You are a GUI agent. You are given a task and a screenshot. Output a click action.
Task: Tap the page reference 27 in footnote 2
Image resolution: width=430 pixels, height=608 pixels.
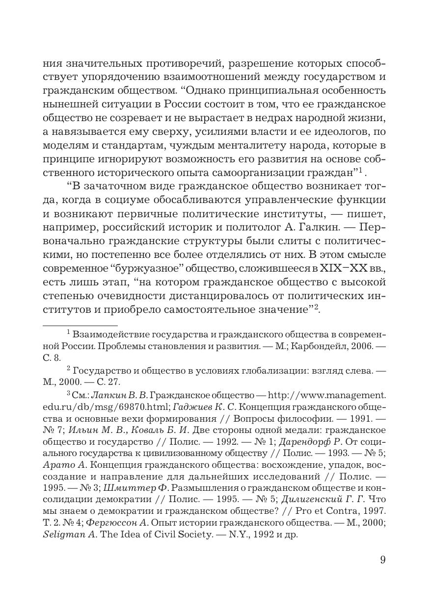point(113,381)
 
